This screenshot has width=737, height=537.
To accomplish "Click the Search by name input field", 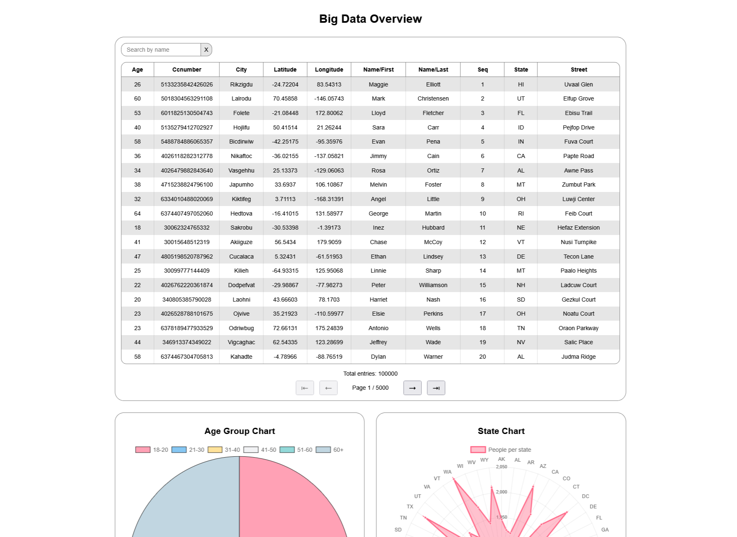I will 161,50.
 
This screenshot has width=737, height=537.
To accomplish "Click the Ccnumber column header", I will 187,70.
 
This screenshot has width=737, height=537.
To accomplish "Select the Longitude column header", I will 329,70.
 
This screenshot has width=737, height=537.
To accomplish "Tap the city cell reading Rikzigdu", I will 241,84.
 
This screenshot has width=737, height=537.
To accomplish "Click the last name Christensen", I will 433,98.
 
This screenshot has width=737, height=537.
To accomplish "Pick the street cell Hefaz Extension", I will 578,228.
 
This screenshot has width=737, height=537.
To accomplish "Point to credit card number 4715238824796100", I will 187,185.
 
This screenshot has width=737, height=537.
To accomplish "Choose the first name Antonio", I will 378,328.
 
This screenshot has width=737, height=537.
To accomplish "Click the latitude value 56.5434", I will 285,242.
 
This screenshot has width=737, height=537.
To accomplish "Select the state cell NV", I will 520,342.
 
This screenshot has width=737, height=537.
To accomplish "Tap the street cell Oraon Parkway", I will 578,328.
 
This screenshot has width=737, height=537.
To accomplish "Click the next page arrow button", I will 412,388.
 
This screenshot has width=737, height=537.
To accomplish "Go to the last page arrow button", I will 436,388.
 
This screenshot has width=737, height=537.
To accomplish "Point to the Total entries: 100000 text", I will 370,374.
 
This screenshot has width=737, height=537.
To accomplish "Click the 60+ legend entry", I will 330,450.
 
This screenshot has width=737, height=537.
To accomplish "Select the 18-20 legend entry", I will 152,450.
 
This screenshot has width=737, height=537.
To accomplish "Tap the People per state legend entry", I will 501,450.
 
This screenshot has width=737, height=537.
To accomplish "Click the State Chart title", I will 501,431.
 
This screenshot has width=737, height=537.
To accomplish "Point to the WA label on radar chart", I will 447,472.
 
